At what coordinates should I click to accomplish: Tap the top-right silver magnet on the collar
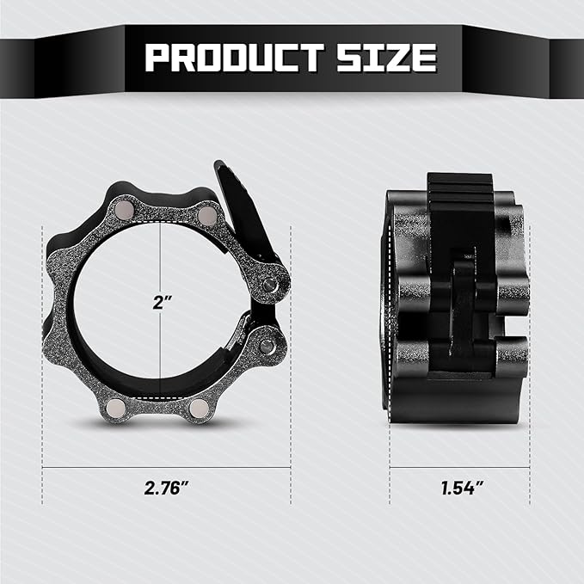pyautogui.click(x=207, y=215)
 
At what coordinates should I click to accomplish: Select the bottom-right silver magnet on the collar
pyautogui.click(x=199, y=408)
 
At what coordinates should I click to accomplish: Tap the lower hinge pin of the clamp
pyautogui.click(x=267, y=346)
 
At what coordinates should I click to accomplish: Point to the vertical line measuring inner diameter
pyautogui.click(x=160, y=258)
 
